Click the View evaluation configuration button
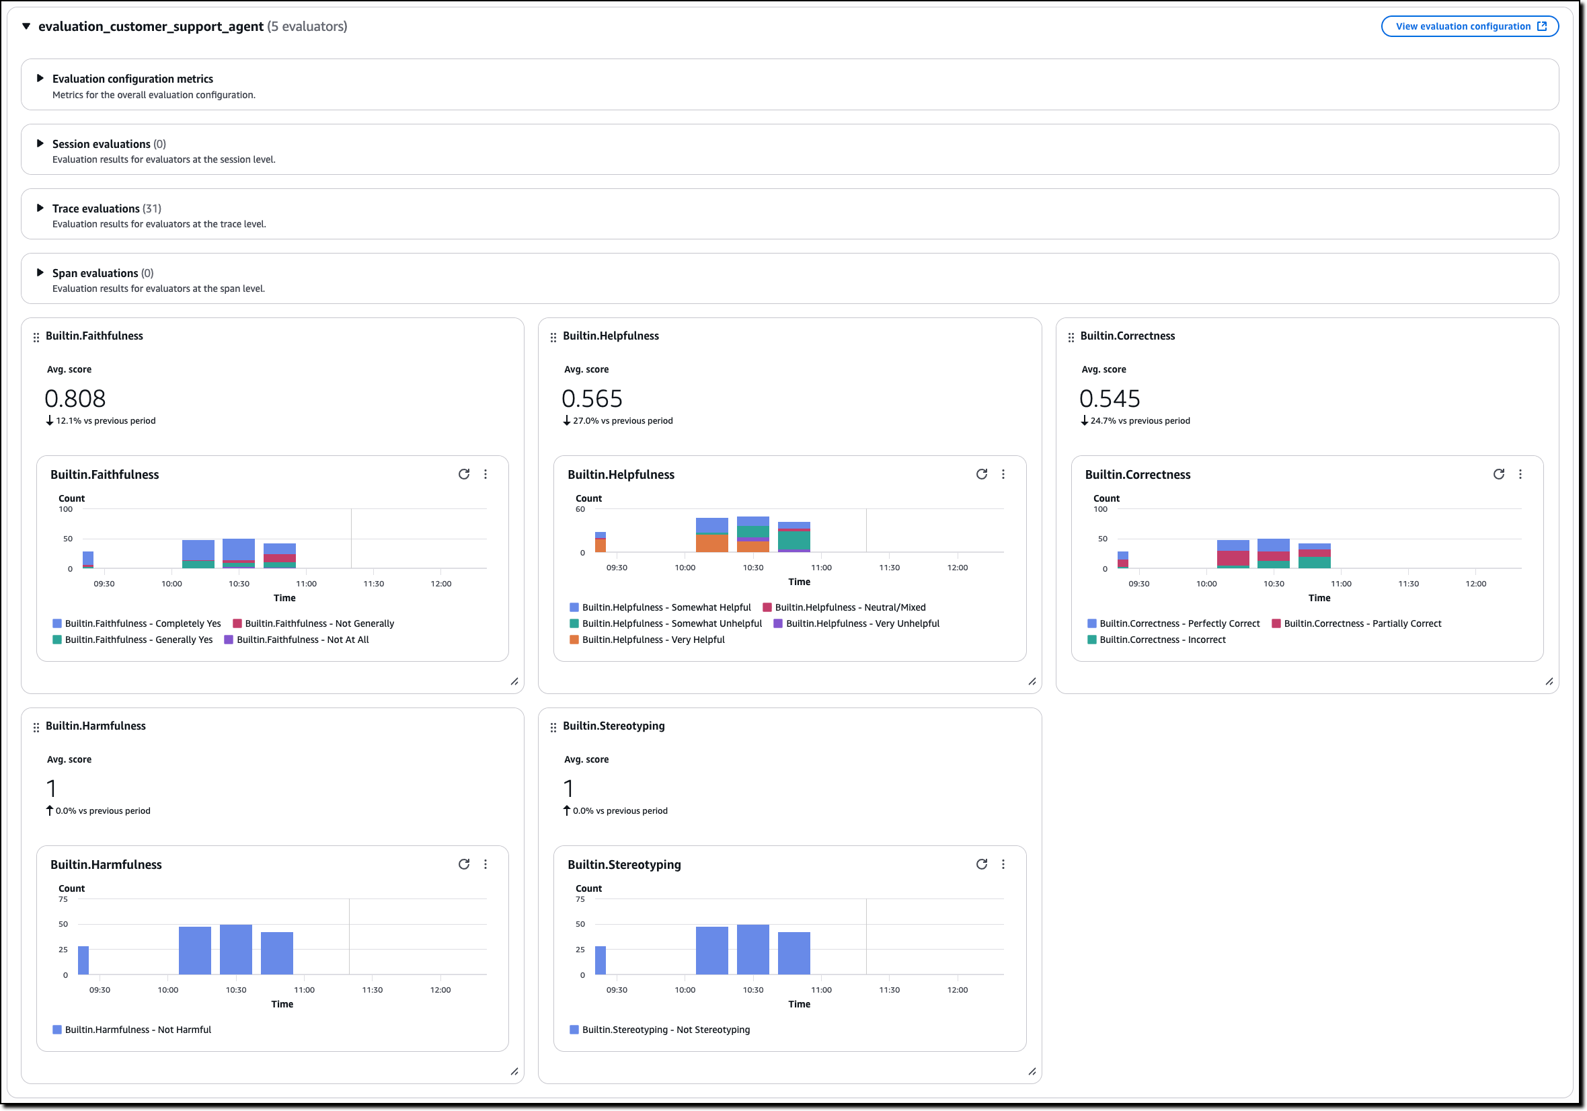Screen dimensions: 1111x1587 point(1469,26)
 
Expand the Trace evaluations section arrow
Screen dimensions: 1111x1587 point(40,208)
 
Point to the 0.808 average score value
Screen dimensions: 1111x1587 point(75,399)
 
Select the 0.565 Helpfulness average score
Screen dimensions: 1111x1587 point(592,399)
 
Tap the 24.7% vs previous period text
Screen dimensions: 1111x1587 point(1140,420)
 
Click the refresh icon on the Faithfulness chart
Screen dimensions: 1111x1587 point(464,474)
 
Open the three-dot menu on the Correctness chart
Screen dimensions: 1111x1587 point(1520,474)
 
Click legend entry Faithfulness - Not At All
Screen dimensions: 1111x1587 point(302,640)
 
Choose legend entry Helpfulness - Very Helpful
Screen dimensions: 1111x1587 point(652,640)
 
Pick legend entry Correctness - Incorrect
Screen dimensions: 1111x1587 point(1162,640)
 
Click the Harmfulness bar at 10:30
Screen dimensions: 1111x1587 point(237,949)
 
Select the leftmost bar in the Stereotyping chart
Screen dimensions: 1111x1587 point(600,960)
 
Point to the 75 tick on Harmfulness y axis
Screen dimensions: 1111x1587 point(63,898)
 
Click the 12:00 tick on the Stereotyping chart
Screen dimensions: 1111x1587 point(958,990)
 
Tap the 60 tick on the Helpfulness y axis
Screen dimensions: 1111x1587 point(580,509)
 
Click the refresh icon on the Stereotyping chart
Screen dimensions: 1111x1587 point(982,864)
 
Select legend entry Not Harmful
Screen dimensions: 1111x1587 point(138,1030)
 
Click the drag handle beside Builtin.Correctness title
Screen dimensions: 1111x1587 point(1071,338)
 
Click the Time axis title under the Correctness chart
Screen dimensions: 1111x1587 point(1319,598)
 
